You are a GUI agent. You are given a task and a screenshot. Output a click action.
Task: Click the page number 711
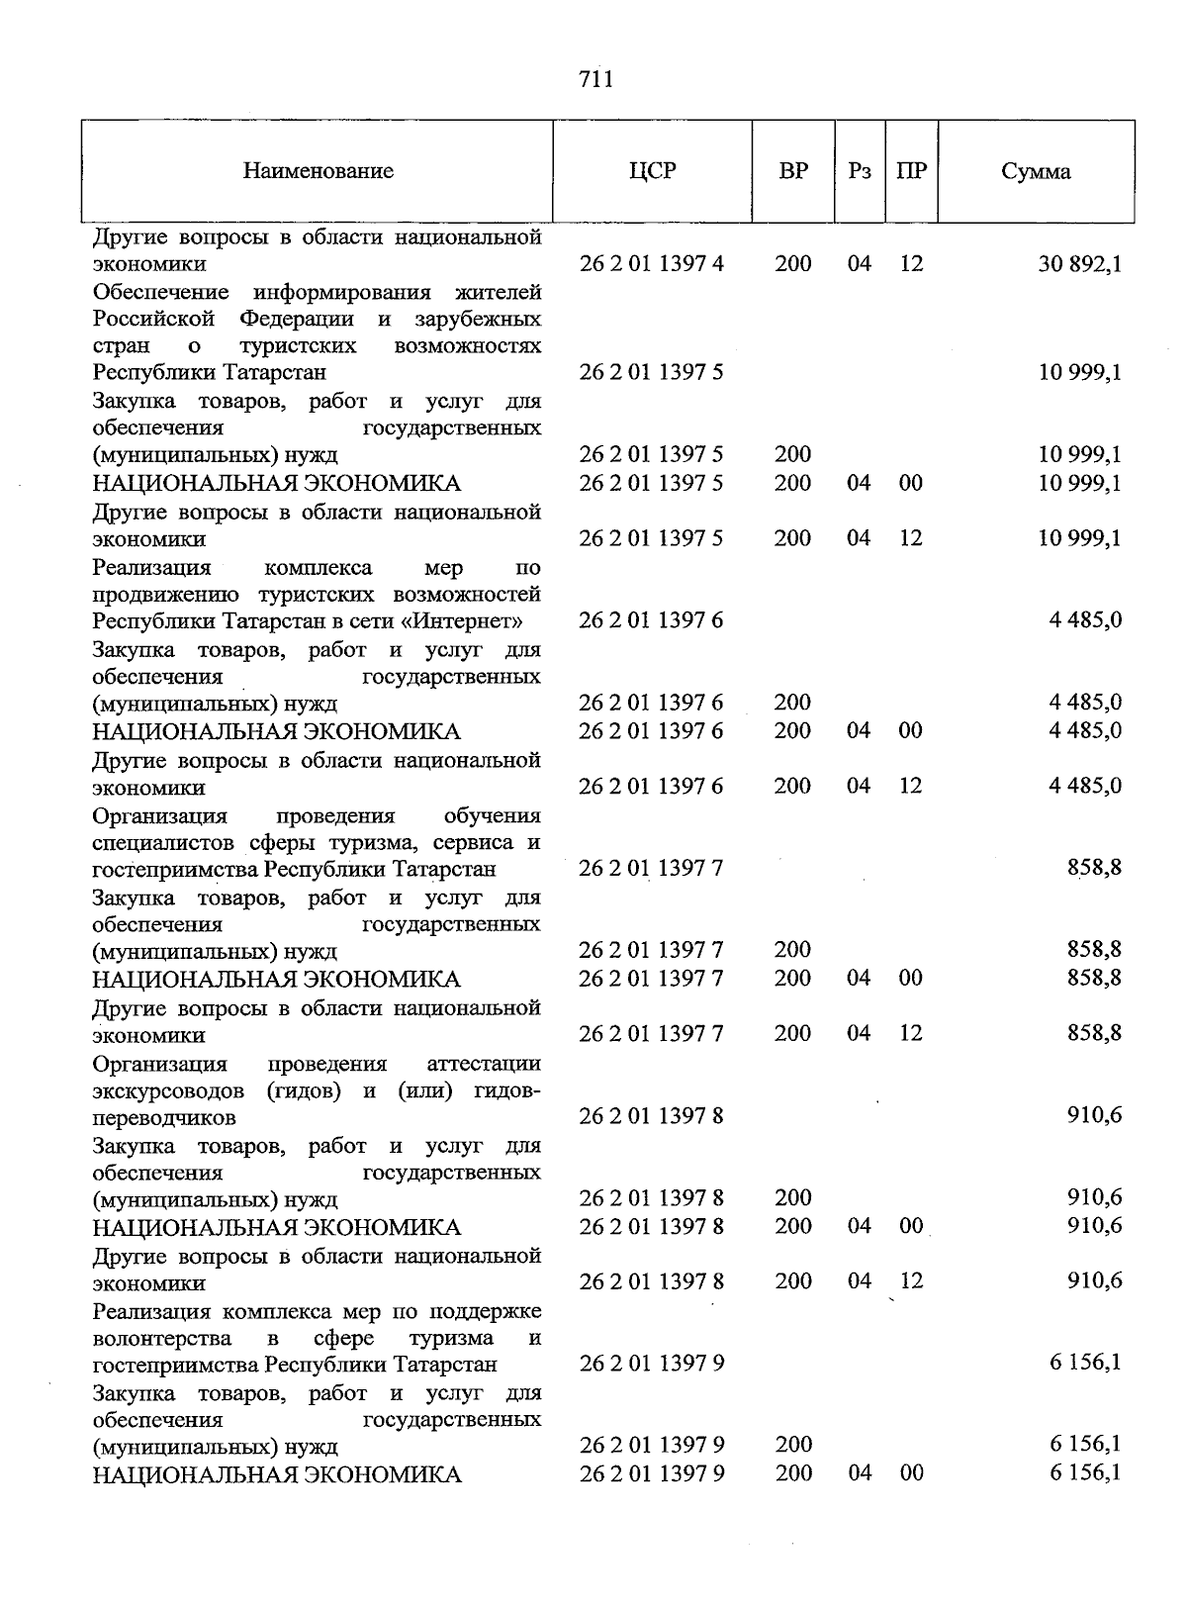coord(595,79)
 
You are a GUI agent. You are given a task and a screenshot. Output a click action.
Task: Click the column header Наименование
coord(318,171)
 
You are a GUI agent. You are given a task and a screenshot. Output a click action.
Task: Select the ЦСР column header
coord(652,171)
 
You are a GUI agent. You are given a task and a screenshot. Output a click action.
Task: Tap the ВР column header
coord(793,171)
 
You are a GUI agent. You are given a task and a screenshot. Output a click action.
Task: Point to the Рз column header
coord(860,171)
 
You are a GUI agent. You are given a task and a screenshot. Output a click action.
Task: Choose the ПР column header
coord(911,171)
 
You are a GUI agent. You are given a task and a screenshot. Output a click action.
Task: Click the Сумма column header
coord(1035,171)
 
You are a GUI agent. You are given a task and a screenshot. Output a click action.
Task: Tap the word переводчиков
coord(164,1118)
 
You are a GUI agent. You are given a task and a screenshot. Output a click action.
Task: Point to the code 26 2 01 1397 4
coord(651,264)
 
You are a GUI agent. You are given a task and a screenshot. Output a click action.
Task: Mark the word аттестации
coord(484,1064)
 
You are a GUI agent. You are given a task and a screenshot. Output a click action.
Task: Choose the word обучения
coord(492,816)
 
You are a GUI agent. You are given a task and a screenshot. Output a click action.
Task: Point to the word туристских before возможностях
coord(298,346)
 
